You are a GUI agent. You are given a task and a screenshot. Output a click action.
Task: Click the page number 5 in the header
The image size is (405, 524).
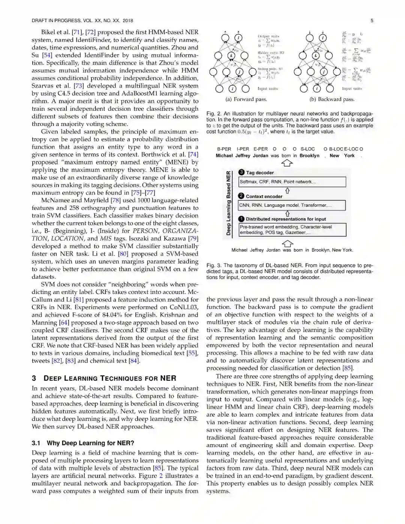(372, 21)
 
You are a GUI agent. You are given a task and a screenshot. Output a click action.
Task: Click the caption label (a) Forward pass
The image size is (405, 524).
(246, 99)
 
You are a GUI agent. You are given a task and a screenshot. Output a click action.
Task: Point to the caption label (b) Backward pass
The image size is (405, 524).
(332, 99)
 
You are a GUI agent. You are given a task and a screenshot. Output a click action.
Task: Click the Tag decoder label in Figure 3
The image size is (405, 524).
(259, 173)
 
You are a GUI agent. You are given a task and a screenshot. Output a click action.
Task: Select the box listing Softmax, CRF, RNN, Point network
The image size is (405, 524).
(292, 182)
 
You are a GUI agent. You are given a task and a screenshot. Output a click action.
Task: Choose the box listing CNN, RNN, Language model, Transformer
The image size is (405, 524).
(292, 205)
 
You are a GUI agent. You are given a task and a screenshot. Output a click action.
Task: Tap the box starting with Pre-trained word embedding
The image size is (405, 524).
(292, 230)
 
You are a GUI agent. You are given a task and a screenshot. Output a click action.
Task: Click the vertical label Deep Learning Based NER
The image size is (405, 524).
(228, 203)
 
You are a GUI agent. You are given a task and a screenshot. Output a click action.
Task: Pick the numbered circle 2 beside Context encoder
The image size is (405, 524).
(241, 196)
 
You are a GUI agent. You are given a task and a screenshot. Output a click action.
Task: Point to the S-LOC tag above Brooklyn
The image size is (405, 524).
(307, 149)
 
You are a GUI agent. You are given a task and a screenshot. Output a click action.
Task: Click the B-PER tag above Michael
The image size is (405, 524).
(224, 149)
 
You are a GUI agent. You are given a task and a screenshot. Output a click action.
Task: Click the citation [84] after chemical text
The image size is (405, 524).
(134, 361)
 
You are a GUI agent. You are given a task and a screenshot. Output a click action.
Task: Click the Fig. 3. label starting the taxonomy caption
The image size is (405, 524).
(213, 266)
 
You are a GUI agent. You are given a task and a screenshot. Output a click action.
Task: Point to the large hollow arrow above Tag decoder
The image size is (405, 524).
(287, 163)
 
